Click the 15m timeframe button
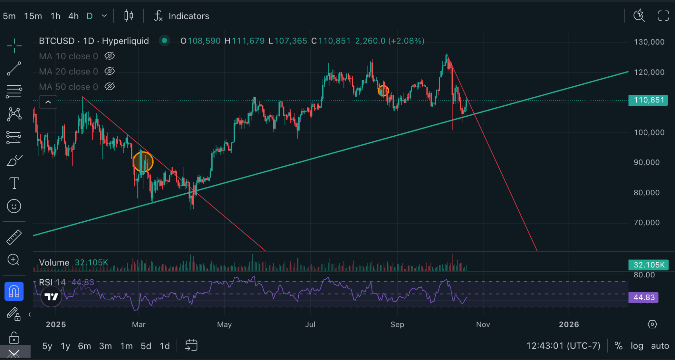(33, 16)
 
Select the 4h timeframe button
(73, 16)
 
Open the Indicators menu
(182, 16)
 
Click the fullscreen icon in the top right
(663, 15)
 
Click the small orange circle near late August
(378, 91)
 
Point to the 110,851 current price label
(648, 100)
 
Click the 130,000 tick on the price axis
(649, 42)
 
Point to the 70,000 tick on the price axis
(647, 223)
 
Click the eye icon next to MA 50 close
(109, 87)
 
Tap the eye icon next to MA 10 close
(109, 56)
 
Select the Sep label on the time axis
(397, 324)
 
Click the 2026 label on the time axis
(569, 324)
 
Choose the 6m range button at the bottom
(84, 346)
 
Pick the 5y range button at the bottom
(47, 346)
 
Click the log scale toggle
(637, 346)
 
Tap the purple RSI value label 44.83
(644, 297)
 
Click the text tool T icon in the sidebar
(14, 183)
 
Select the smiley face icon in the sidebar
(14, 206)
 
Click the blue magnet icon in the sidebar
(14, 291)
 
